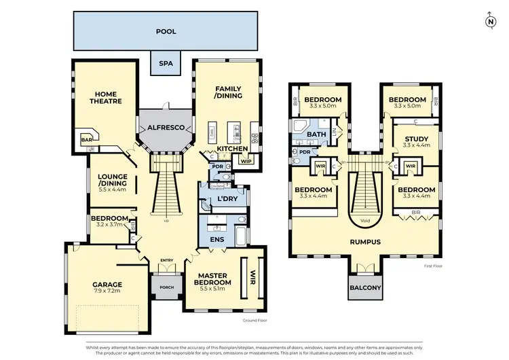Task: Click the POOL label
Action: click(166, 31)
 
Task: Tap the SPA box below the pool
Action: click(166, 64)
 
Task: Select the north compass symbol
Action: click(491, 20)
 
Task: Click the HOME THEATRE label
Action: click(108, 97)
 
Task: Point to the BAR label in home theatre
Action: click(87, 140)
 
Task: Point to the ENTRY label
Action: click(166, 260)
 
